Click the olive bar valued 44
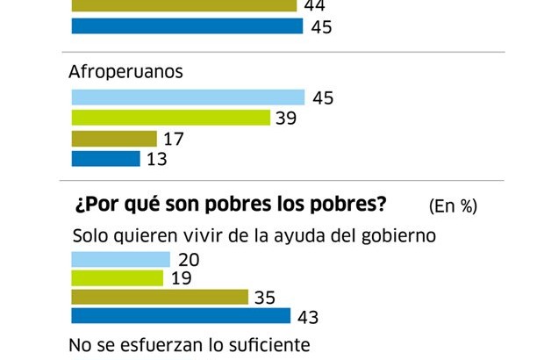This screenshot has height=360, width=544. (183, 6)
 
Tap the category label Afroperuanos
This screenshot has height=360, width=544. (125, 72)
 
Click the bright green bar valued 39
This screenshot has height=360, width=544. (170, 118)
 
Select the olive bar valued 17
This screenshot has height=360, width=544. (113, 139)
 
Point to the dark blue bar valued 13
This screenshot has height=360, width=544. (104, 159)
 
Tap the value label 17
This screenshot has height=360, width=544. (174, 139)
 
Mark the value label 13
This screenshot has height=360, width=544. (157, 160)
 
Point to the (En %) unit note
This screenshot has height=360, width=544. (453, 206)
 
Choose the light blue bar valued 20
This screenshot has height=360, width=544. (120, 259)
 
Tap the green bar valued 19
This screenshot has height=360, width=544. (117, 278)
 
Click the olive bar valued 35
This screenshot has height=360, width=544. (160, 298)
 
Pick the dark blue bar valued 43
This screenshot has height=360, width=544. (181, 316)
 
